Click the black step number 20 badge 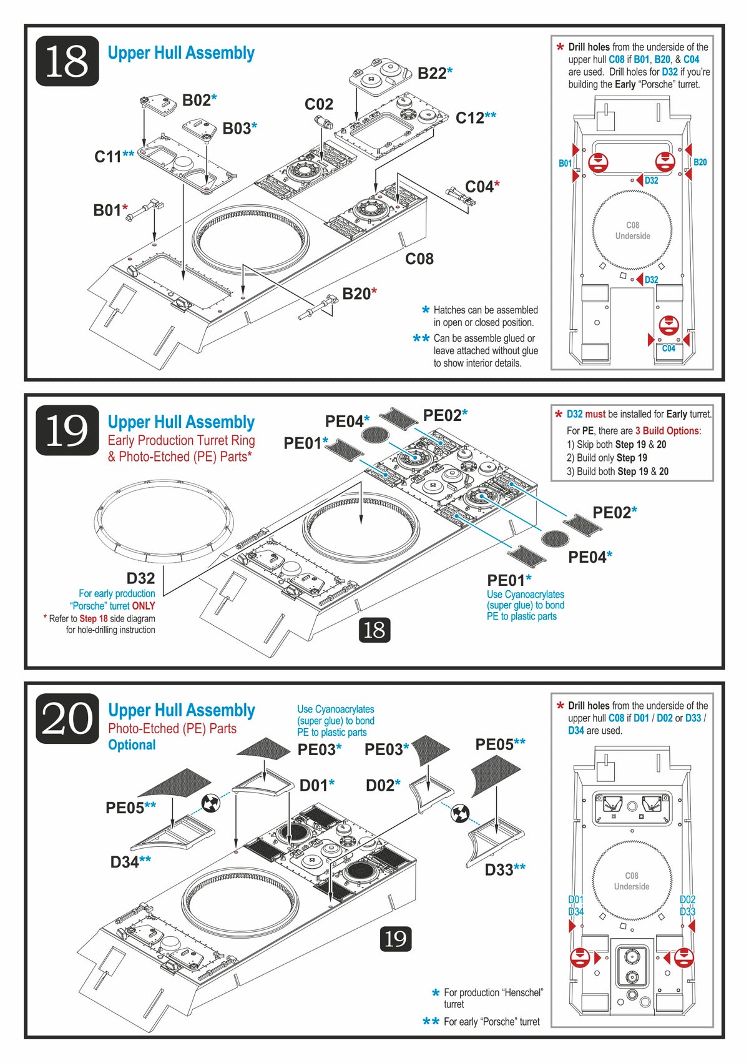67,719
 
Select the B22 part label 432,73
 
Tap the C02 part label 319,104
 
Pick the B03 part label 236,129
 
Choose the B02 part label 196,101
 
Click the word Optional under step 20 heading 132,745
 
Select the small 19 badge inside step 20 396,938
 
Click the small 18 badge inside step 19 374,630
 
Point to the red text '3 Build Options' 667,431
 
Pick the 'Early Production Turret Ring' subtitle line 181,440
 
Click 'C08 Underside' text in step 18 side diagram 632,230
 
